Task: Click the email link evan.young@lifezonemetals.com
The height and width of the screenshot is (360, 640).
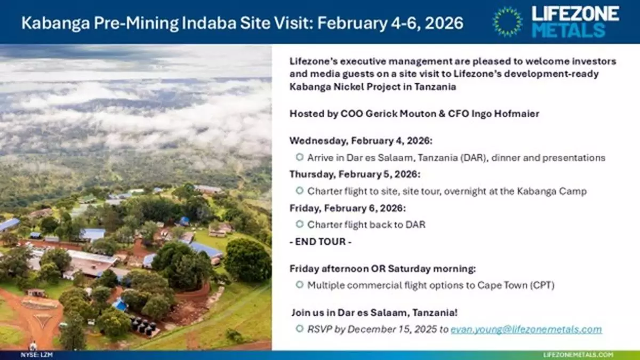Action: pyautogui.click(x=526, y=330)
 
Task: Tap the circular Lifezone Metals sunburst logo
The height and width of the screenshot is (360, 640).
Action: pyautogui.click(x=508, y=22)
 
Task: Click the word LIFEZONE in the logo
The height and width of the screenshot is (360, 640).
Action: pyautogui.click(x=575, y=14)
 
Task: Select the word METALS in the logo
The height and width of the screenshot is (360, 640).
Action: pyautogui.click(x=569, y=30)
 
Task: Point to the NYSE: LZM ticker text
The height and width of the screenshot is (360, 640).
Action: pyautogui.click(x=37, y=355)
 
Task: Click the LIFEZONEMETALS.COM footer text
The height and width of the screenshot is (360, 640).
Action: pyautogui.click(x=578, y=355)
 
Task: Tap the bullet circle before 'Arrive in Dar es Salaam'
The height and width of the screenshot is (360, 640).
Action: pyautogui.click(x=299, y=157)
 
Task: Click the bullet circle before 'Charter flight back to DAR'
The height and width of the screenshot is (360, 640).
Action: pyautogui.click(x=299, y=224)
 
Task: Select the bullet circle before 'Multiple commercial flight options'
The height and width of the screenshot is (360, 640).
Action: pyautogui.click(x=299, y=285)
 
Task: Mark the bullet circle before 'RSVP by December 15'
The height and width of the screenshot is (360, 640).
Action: pyautogui.click(x=299, y=329)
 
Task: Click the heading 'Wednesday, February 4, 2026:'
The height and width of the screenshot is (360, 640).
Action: pyautogui.click(x=361, y=141)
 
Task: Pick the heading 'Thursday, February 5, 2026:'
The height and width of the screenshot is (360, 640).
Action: pyautogui.click(x=355, y=174)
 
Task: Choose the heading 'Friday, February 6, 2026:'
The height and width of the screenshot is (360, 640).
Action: pyautogui.click(x=348, y=209)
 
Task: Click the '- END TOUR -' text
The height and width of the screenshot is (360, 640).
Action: pyautogui.click(x=321, y=242)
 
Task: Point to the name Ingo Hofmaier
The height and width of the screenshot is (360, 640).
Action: pyautogui.click(x=505, y=114)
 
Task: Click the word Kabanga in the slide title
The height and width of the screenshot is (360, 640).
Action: pyautogui.click(x=55, y=23)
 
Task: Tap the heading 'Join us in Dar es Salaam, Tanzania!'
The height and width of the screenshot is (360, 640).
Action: pyautogui.click(x=374, y=313)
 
